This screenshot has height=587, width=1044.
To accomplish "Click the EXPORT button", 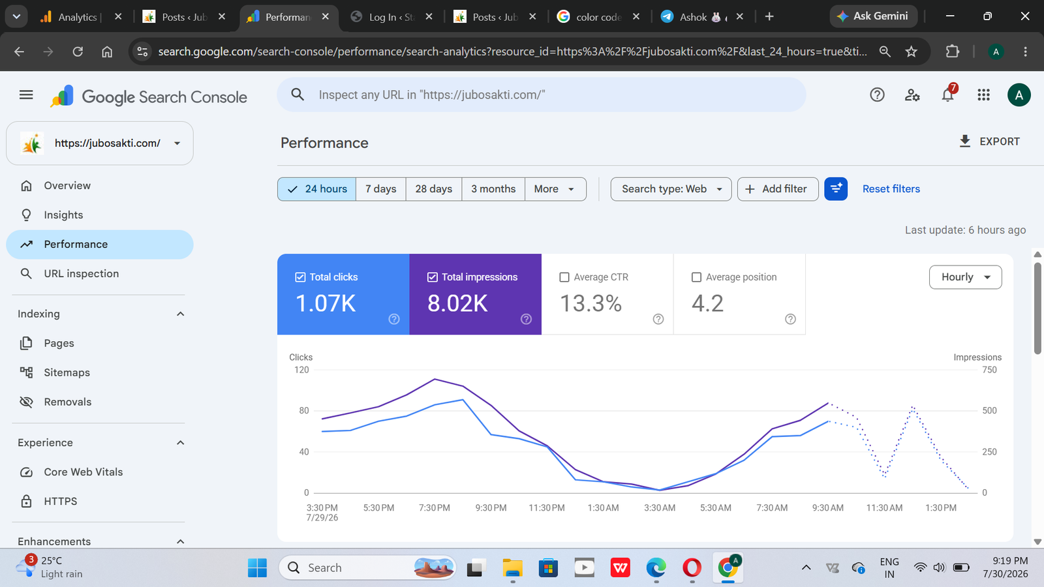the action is (x=989, y=142).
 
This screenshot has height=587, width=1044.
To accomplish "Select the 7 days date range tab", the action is (x=381, y=189).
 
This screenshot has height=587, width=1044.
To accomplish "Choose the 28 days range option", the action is (x=433, y=189).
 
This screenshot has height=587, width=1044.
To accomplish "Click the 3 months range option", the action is (x=493, y=189).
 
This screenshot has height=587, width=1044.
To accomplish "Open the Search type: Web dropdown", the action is (x=671, y=189).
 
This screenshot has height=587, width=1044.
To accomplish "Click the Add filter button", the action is (x=777, y=189).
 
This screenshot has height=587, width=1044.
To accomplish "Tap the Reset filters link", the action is (x=891, y=189).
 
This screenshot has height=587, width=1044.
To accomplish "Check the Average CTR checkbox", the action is (x=564, y=277).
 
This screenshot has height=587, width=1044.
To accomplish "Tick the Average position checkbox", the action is (x=696, y=277).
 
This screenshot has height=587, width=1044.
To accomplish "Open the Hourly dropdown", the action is (x=965, y=277).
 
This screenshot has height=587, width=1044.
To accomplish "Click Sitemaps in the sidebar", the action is (x=67, y=372).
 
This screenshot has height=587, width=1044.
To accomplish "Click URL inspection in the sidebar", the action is (x=81, y=274).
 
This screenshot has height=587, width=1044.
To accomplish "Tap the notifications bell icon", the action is (x=947, y=95).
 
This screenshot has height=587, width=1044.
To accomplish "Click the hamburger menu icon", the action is (x=26, y=95).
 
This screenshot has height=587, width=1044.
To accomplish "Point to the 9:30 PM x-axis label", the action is (x=491, y=508).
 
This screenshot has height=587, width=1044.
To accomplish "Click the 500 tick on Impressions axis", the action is (x=989, y=411).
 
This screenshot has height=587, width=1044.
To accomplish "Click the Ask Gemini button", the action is (x=873, y=16).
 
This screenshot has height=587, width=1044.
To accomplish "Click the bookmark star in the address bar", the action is (x=911, y=52).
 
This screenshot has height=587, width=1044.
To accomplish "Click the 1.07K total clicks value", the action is (x=326, y=303).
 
